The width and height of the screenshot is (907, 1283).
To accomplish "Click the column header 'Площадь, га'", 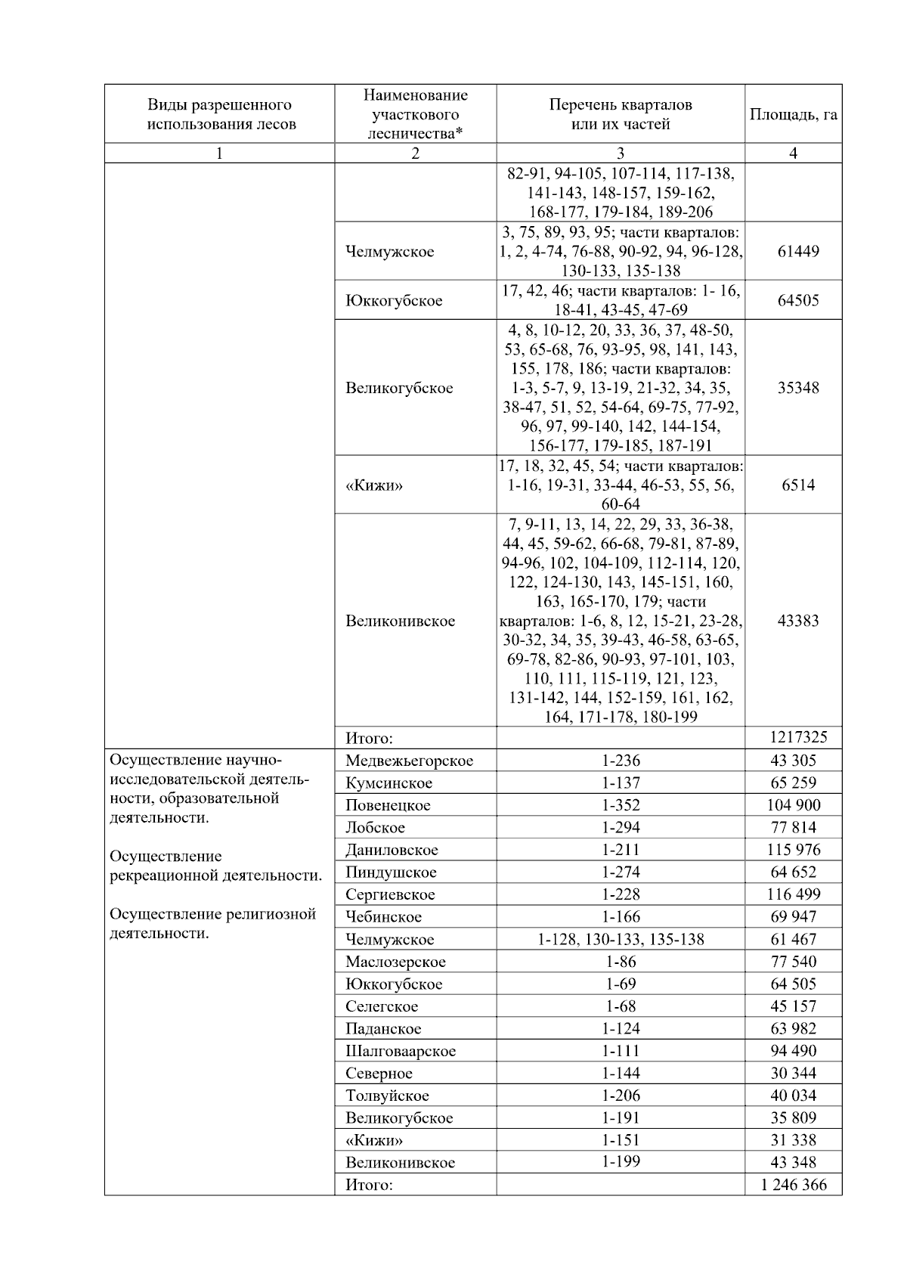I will coord(793,115).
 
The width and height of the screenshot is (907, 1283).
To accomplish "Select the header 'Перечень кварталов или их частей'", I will coord(621,114).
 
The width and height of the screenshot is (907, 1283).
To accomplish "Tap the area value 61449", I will coord(798,251).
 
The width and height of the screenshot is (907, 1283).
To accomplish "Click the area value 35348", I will coord(798,388).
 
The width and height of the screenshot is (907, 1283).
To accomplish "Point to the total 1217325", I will coord(798,737).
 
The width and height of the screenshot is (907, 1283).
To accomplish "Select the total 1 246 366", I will coord(794,1185).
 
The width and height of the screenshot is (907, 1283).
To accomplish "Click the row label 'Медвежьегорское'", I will coord(409,761).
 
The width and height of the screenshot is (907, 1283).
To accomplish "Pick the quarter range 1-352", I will coord(621,805).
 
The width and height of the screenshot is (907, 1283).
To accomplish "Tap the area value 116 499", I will coord(794,894).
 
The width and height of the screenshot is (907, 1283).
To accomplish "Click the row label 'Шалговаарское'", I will coord(401,1051).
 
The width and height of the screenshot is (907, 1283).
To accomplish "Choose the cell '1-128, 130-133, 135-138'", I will coord(621,939).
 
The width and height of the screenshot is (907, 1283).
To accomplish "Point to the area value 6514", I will coord(798,485).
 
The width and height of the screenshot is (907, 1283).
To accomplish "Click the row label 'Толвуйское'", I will coord(387,1096).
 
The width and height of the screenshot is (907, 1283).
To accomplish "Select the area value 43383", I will coord(798,621).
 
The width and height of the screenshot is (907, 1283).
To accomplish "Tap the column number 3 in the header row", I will coord(621,153).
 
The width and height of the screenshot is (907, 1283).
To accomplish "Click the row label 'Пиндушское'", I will coord(391,872).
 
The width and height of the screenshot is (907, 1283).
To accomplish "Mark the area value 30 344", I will coord(794,1073).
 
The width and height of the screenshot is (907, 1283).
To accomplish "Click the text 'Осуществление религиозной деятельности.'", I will coord(212,924).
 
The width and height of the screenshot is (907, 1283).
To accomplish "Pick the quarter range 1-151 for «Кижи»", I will coord(621,1140).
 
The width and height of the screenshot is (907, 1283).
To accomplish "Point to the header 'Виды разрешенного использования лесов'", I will coord(219,114).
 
